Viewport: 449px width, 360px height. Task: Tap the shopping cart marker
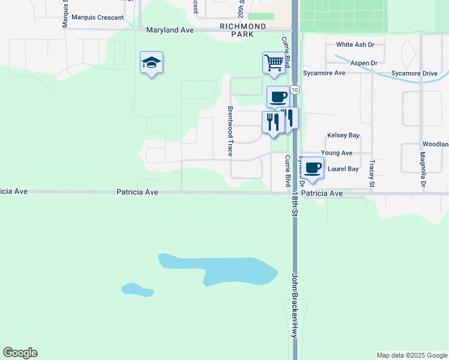point(273,63)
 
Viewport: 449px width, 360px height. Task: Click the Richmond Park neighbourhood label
point(243,31)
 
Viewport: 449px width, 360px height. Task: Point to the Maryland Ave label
point(170,29)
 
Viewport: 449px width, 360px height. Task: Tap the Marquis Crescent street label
point(97,17)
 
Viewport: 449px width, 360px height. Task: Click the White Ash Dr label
point(355,44)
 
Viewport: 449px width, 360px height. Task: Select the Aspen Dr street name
point(365,62)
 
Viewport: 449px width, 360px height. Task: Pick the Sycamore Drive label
point(414,73)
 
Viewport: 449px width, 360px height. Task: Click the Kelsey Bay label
point(343,136)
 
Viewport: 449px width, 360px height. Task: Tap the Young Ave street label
point(337,153)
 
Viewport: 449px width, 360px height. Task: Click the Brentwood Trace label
point(230,131)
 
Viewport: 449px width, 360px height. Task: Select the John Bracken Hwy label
point(295,306)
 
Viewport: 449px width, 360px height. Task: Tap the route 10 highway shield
point(294,89)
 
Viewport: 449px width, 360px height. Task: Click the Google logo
point(20,353)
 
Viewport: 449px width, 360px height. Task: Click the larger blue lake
point(228,270)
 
